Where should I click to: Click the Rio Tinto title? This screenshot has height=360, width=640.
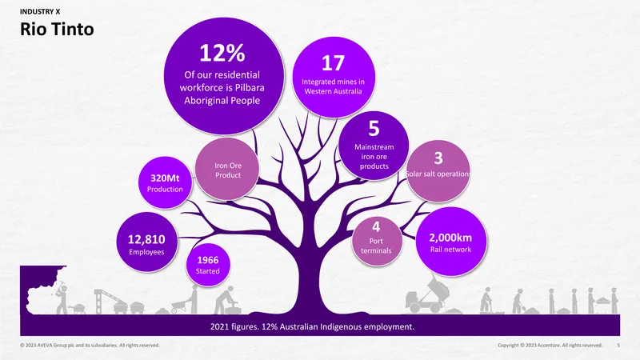coord(57,29)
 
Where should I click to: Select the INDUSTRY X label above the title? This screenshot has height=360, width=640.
coord(40,12)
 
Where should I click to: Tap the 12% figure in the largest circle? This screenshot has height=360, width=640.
coord(222,53)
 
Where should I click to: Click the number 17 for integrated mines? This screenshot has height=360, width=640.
coord(333,63)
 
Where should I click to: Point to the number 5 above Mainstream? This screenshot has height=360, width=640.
coord(374,129)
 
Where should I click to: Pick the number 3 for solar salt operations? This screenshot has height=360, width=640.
coord(438,158)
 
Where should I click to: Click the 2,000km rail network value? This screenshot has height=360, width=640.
coord(450,238)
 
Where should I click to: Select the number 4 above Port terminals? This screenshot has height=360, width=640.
coord(376,226)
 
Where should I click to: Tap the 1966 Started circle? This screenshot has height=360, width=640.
coord(208,265)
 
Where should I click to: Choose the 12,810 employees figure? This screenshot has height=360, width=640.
coord(146,239)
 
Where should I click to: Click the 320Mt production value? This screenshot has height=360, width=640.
coord(165,178)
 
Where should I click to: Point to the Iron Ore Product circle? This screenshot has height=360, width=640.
coord(227,170)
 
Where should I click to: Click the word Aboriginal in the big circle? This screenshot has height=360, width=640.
coord(202,101)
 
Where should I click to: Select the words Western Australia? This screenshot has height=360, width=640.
coord(333,91)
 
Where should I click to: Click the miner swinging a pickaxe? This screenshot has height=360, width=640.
coord(61,297)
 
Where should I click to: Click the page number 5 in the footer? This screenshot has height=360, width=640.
coord(618,346)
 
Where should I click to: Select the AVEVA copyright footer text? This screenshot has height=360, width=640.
coord(90,346)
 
